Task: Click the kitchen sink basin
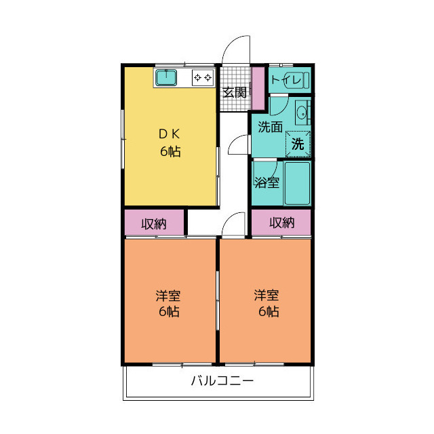165,77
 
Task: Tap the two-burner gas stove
203,77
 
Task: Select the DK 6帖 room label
170,143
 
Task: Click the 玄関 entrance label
235,92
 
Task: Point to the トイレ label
286,80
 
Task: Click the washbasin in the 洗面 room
302,113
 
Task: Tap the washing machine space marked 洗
298,144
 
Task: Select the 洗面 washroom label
270,127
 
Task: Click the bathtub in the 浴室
297,183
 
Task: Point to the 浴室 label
267,182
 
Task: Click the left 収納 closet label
154,224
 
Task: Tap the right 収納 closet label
282,222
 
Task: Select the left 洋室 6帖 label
168,303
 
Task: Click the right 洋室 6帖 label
267,303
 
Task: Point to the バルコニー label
222,381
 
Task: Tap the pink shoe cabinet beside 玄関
259,88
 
